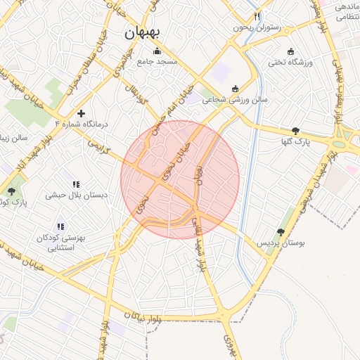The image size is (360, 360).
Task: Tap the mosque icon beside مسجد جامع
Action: pyautogui.click(x=157, y=51)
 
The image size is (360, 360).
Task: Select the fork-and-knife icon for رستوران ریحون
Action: pyautogui.click(x=257, y=16)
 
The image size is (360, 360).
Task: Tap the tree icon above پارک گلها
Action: pyautogui.click(x=295, y=131)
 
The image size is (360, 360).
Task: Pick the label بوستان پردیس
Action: pyautogui.click(x=281, y=243)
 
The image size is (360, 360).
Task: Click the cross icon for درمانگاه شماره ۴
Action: pyautogui.click(x=82, y=112)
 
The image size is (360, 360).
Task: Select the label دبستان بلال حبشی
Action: pyautogui.click(x=77, y=195)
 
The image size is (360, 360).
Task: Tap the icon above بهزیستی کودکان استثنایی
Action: pyautogui.click(x=60, y=226)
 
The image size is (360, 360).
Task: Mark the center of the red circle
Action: pyautogui.click(x=180, y=180)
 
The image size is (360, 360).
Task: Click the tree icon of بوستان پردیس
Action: pyautogui.click(x=281, y=231)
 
